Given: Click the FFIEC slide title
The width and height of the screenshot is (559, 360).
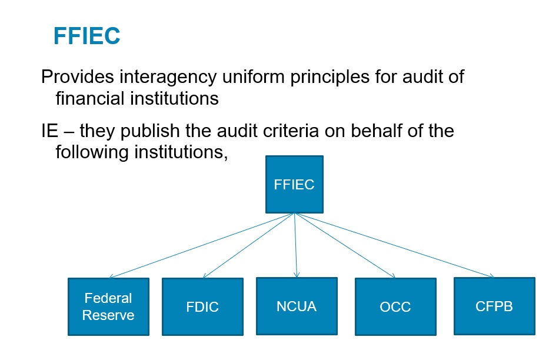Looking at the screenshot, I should [86, 36].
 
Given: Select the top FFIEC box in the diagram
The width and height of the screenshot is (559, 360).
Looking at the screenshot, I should [294, 184].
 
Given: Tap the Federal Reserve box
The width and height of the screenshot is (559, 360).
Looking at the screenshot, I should [108, 306].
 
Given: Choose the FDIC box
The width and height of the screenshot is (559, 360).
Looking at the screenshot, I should [202, 307].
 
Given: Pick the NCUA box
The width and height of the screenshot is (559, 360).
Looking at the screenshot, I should [297, 306].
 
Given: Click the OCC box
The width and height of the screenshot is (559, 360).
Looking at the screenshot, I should [395, 307].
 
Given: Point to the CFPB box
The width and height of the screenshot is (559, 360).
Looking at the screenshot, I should [494, 306].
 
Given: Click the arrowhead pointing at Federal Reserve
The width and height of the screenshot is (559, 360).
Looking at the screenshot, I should [111, 277].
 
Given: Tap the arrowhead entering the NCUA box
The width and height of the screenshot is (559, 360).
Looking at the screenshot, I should [297, 275].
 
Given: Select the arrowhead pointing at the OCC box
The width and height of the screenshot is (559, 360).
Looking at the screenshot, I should [392, 276].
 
